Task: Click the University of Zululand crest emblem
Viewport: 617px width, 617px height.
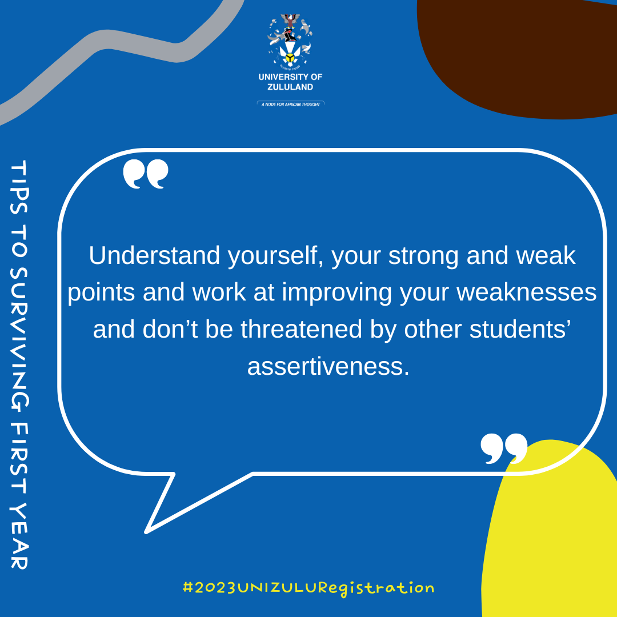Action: pyautogui.click(x=290, y=41)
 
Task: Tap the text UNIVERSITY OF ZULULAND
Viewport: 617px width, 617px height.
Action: pyautogui.click(x=290, y=82)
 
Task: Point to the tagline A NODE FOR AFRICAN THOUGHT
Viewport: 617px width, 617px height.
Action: pyautogui.click(x=291, y=105)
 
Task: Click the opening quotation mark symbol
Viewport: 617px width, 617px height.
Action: pyautogui.click(x=146, y=174)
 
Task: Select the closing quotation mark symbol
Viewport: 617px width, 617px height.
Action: pyautogui.click(x=504, y=448)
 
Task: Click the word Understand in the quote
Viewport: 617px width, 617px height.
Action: pyautogui.click(x=154, y=256)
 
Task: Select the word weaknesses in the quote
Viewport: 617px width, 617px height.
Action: pyautogui.click(x=527, y=293)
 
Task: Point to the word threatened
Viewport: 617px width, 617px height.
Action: pyautogui.click(x=301, y=330)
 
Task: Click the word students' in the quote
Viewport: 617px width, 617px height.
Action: pyautogui.click(x=520, y=330)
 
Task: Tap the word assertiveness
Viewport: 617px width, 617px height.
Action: pyautogui.click(x=328, y=366)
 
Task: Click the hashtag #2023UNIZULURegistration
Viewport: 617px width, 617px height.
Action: pyautogui.click(x=308, y=588)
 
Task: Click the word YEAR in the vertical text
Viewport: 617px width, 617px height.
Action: pyautogui.click(x=19, y=536)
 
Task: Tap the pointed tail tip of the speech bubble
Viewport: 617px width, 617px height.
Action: pyautogui.click(x=146, y=532)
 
